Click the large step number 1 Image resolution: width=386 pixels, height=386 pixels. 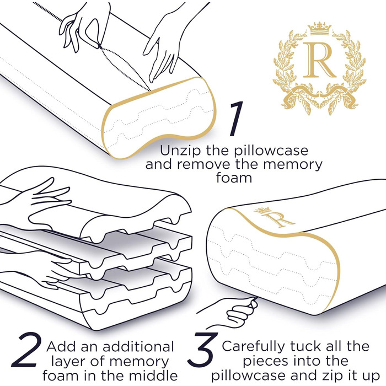[237, 119]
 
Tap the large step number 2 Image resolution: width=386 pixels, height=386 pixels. [27, 350]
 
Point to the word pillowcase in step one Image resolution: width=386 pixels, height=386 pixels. [271, 151]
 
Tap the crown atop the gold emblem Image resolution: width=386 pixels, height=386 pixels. [320, 29]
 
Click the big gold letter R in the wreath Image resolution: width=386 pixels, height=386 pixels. [319, 60]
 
